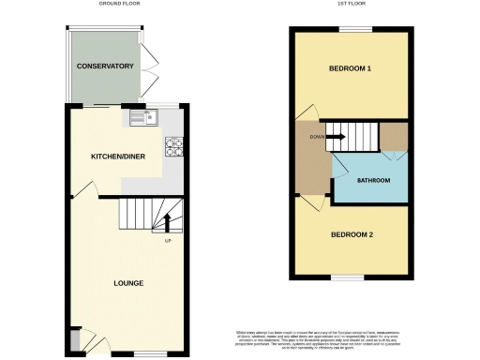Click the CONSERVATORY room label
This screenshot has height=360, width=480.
[x=105, y=67]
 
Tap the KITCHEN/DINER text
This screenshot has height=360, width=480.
[x=115, y=156]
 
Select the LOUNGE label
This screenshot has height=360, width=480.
[x=128, y=282]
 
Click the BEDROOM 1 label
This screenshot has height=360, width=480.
[x=350, y=69]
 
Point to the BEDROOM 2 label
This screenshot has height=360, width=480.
[x=350, y=234]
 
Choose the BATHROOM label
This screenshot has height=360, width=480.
[x=371, y=180]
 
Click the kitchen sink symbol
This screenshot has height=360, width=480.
[x=144, y=117]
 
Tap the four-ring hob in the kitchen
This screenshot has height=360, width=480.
[x=174, y=146]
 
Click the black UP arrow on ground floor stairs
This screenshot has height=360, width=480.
[x=168, y=222]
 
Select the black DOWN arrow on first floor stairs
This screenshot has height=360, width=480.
[x=336, y=138]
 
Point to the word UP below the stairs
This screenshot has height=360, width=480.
[x=168, y=242]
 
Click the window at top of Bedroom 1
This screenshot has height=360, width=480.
[x=351, y=29]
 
